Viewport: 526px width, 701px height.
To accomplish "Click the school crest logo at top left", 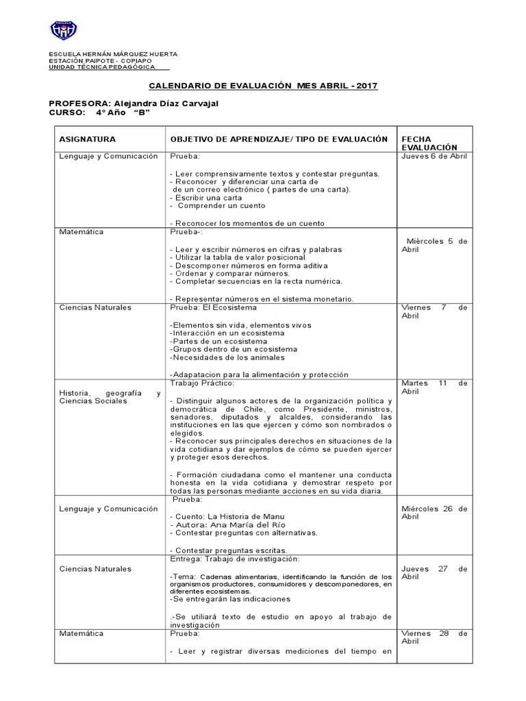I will (x=64, y=30).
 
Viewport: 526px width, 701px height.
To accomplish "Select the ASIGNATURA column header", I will (x=88, y=139).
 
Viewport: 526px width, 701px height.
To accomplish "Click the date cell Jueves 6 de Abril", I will (x=434, y=156).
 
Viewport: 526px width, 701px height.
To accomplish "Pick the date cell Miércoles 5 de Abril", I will (x=434, y=245).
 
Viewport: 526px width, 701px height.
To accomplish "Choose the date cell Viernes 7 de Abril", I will (x=434, y=311).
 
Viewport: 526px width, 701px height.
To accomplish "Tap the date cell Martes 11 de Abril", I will (x=434, y=387).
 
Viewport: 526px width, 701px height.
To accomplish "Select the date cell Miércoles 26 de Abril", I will (x=434, y=512).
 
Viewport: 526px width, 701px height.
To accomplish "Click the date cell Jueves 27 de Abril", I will (x=434, y=572).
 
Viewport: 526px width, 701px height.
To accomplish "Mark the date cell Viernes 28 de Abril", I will (x=434, y=637).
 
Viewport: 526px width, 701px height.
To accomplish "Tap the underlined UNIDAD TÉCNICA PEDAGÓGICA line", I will (x=102, y=66).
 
